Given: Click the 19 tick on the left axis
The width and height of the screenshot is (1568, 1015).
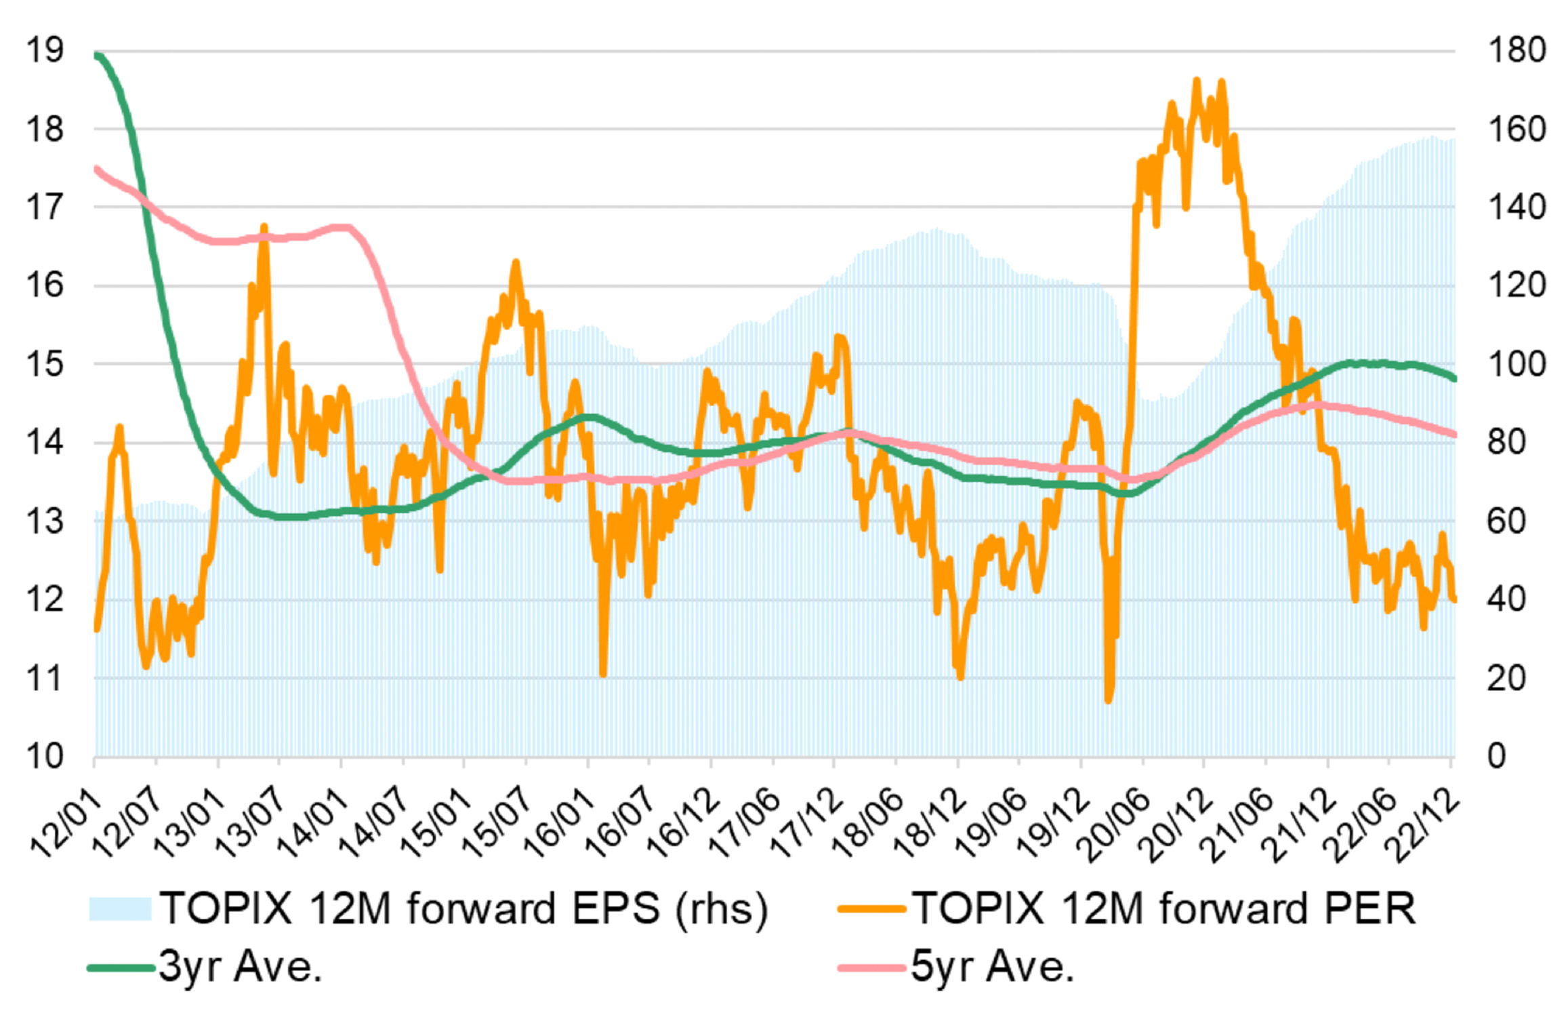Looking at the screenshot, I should click(45, 50).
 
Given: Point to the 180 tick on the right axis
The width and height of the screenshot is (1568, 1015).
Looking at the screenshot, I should click(1517, 50).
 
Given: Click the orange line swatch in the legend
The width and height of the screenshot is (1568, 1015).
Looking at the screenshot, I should click(871, 909).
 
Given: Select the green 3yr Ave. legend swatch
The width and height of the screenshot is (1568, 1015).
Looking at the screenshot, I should click(121, 968).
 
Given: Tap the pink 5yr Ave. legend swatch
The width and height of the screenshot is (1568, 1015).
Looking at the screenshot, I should click(871, 968).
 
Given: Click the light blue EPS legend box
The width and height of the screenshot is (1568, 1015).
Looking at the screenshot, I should click(120, 909).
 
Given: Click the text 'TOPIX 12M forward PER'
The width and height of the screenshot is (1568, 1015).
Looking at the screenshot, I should click(1164, 908).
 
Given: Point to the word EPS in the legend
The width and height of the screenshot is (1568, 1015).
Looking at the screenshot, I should click(615, 908).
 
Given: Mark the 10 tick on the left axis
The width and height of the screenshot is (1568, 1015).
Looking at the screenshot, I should click(45, 756).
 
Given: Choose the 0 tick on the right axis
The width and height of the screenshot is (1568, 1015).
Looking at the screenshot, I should click(1497, 756).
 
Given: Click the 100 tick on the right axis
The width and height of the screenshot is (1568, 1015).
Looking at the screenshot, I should click(1517, 364).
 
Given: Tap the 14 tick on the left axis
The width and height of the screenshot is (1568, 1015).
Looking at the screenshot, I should click(45, 443).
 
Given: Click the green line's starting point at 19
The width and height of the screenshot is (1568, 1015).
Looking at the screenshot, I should click(97, 54).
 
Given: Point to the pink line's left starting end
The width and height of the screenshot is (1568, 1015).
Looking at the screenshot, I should click(97, 168).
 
